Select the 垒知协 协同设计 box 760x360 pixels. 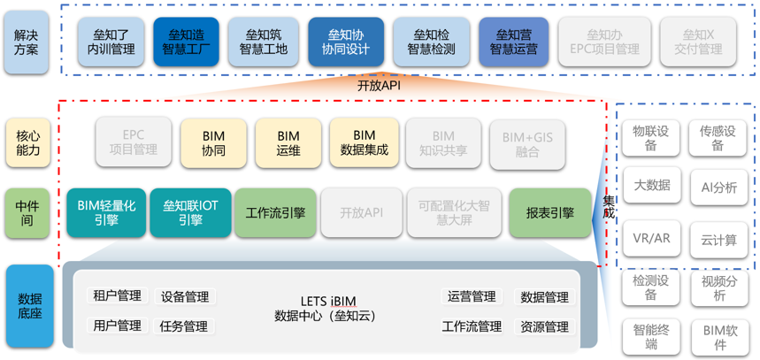346,42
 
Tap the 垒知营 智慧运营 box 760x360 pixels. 513,42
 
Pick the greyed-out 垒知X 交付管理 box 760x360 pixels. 697,42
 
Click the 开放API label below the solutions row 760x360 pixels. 380,85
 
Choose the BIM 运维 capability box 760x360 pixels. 288,143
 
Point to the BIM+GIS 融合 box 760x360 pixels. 526,143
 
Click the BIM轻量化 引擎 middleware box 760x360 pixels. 106,212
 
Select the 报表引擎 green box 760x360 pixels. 549,212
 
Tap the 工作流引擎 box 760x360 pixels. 274,212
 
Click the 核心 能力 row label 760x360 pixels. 27,142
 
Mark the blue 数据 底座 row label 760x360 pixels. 28,305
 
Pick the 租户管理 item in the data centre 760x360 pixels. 118,295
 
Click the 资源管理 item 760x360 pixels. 544,326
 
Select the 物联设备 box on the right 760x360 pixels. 650,137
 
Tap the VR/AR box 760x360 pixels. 650,238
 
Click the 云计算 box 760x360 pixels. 718,239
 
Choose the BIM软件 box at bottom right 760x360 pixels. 719,337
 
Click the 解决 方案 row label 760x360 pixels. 27,42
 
